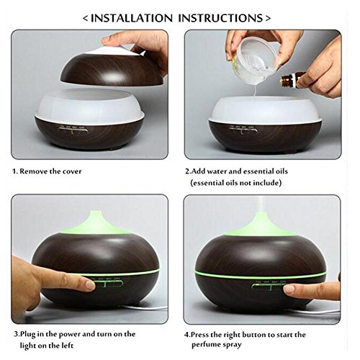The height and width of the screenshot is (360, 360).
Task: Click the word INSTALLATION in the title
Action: pos(132,18)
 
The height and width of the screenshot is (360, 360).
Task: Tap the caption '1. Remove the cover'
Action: pos(47,171)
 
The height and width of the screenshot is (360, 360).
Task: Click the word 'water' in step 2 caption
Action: pos(217,171)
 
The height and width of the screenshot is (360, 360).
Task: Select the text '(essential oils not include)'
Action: pos(235,183)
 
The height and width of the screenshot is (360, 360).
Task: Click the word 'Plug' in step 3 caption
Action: pos(27,334)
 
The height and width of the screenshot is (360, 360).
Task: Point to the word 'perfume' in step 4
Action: pos(206,345)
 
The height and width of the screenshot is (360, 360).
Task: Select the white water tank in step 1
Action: pos(89,107)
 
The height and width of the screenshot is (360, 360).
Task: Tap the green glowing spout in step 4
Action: pos(261,223)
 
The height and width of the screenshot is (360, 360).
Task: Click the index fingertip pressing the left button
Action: pos(90,285)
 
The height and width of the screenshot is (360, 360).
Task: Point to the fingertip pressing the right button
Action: pos(289,289)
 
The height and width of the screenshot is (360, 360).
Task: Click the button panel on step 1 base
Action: pos(73,130)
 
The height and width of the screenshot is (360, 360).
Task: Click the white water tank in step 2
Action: pos(264,109)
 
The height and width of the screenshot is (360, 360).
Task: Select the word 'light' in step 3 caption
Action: pos(28,346)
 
